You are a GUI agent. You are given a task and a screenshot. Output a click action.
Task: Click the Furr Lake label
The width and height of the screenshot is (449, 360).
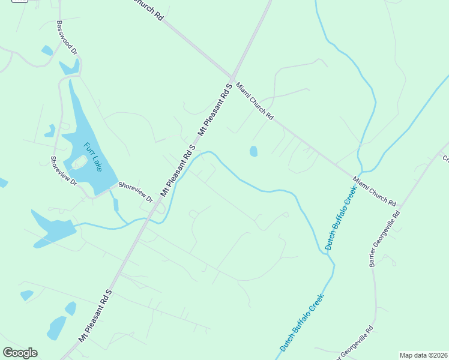click(94, 157)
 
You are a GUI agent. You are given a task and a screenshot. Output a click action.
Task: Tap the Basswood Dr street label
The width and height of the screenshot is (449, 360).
click(67, 38)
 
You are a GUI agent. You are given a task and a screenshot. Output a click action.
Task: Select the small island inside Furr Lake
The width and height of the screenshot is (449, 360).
click(79, 162)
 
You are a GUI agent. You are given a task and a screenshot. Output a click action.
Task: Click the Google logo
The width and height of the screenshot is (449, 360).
click(20, 352)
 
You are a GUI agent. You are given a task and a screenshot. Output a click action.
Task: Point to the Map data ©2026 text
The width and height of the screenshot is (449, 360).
click(423, 355)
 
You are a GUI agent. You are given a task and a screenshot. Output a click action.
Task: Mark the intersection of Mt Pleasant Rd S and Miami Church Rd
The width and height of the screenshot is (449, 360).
click(232, 76)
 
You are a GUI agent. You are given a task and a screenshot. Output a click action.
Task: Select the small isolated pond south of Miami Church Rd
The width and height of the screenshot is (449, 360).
click(253, 151)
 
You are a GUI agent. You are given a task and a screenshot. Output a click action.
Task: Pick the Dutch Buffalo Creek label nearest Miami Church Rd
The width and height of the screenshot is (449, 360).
click(341, 217)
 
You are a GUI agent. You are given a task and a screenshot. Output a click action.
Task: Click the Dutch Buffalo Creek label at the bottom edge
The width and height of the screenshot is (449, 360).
click(302, 322)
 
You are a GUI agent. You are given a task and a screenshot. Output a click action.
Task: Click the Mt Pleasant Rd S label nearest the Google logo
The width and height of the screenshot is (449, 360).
click(95, 316)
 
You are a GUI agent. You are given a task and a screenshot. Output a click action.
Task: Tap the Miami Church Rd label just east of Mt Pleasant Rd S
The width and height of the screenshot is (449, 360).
click(255, 101)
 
